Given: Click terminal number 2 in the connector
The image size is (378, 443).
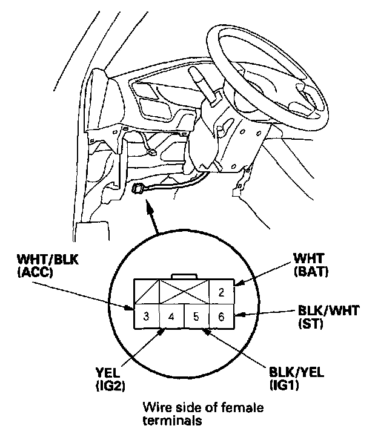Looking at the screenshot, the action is (222, 292).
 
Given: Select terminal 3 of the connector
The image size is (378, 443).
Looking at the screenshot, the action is (147, 317).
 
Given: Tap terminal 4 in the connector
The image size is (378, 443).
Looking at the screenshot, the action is (171, 317).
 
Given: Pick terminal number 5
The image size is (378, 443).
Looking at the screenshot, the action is (196, 317).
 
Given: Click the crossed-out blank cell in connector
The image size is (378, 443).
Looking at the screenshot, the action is (184, 292).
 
